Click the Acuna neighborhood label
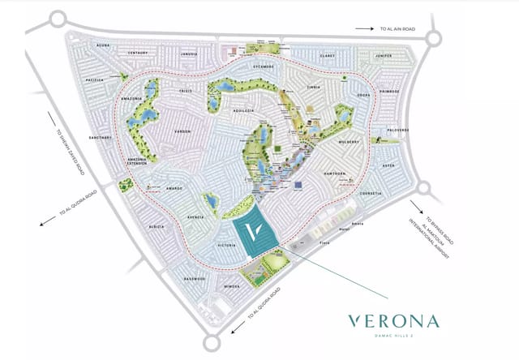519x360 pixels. (x=103, y=45)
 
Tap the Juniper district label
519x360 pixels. (x=384, y=56)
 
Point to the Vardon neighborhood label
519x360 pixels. (x=182, y=131)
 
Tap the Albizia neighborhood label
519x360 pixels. (x=159, y=227)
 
